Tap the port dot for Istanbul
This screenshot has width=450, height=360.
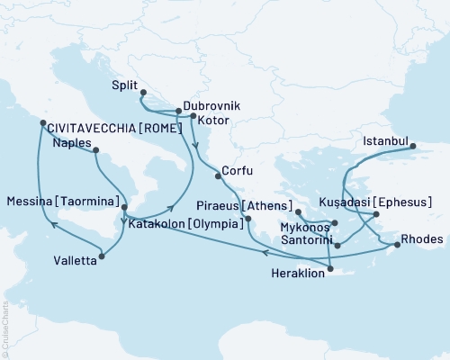click(414, 148)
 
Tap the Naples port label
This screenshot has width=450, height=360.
click(71, 142)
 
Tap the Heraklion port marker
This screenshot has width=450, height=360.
click(331, 268)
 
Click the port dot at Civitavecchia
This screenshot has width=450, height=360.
click(40, 123)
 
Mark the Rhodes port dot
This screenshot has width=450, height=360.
click(397, 244)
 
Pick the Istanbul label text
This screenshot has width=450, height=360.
click(386, 141)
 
